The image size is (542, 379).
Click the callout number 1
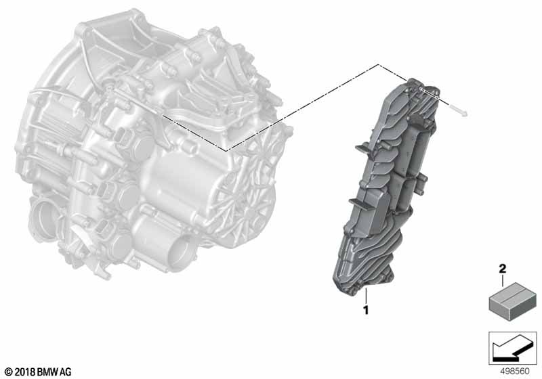point(366,311)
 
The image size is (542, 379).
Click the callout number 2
point(502,269)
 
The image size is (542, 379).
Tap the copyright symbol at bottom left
point(8,372)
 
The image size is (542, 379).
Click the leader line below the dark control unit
point(366,296)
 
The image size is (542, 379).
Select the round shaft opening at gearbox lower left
point(51,217)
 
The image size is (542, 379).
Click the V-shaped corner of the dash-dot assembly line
point(226,149)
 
